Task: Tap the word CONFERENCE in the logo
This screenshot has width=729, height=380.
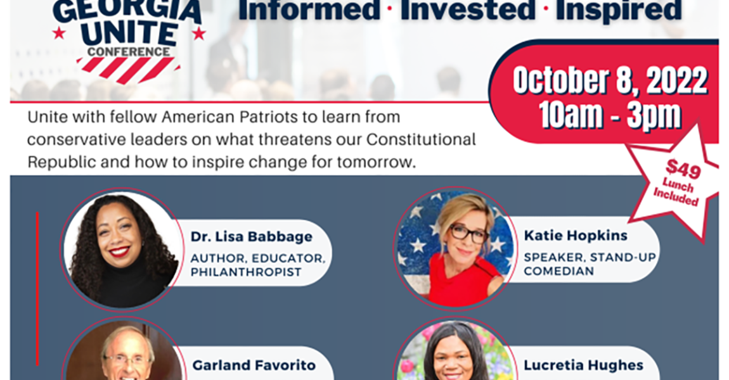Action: click(129, 51)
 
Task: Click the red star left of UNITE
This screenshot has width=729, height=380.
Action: click(59, 32)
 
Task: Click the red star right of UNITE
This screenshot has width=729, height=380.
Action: click(198, 32)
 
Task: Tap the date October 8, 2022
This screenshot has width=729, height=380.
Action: click(610, 81)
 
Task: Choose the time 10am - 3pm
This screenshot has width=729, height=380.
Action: click(610, 115)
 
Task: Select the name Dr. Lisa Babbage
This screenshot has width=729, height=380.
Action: click(251, 237)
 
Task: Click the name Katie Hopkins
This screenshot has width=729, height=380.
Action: click(576, 236)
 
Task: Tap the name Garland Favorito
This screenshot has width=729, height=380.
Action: click(254, 365)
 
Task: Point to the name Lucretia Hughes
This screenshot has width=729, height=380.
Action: click(583, 365)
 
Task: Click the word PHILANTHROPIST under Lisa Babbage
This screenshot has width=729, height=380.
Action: click(246, 272)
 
